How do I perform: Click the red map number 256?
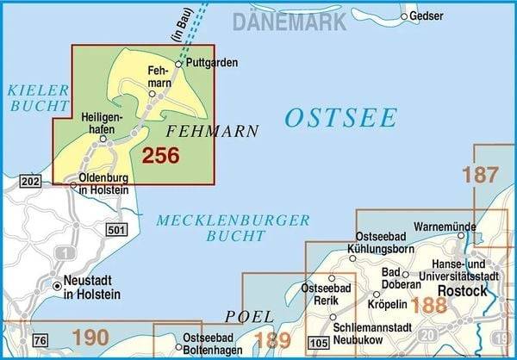click(160, 156)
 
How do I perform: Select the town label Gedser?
click(427, 16)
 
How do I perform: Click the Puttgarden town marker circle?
click(178, 64)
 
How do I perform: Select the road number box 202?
click(30, 182)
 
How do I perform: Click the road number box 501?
click(117, 229)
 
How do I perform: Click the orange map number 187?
click(480, 175)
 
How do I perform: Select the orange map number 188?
click(428, 304)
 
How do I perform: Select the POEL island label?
click(250, 316)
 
